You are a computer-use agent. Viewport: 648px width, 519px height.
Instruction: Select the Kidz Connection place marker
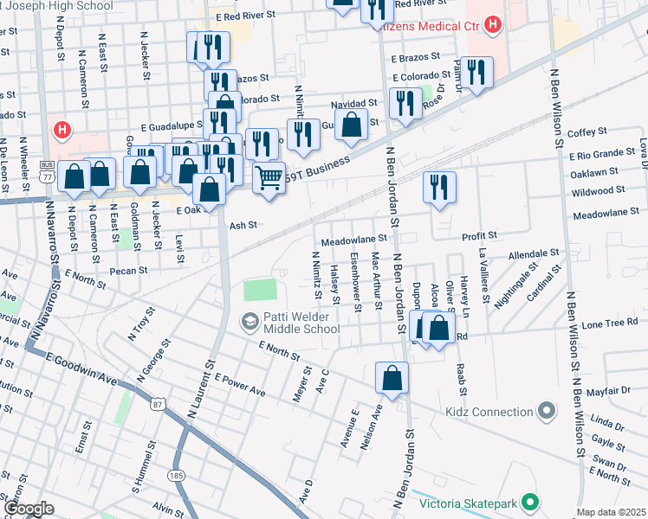[x=546, y=410]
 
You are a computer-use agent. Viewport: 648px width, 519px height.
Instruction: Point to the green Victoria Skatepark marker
[x=530, y=502]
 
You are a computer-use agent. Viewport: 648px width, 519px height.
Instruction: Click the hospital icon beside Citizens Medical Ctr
[x=492, y=22]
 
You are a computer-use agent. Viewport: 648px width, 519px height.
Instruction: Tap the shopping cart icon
[x=269, y=178]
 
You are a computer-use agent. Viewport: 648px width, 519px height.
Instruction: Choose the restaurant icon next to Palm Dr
[x=476, y=72]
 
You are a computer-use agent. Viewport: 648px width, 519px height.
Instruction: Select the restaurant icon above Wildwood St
[x=440, y=187]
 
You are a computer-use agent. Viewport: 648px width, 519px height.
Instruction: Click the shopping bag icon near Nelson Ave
[x=392, y=378]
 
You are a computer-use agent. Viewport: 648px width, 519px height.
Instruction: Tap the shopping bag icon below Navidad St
[x=351, y=125]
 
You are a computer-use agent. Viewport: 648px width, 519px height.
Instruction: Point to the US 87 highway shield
[x=157, y=404]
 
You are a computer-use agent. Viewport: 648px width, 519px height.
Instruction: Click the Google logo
[x=29, y=509]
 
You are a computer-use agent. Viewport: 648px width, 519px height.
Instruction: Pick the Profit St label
[x=479, y=235]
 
